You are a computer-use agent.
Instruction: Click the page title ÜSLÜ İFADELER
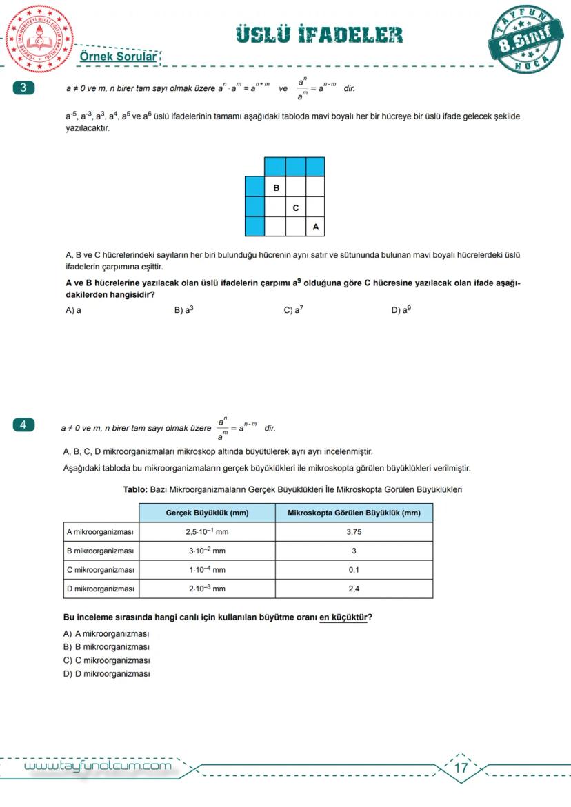point(319,35)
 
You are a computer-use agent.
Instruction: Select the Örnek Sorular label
point(118,57)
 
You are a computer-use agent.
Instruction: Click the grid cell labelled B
point(276,187)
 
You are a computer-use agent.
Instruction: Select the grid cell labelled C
point(296,207)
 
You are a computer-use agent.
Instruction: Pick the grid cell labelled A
point(315,226)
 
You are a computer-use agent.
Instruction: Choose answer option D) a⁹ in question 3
point(401,310)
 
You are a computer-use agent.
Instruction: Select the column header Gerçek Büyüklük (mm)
point(207,513)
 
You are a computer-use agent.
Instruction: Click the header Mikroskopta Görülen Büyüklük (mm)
point(354,513)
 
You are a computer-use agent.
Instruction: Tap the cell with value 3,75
point(354,532)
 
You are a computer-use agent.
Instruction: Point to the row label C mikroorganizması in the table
point(100,570)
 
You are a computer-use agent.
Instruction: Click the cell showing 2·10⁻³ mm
point(207,589)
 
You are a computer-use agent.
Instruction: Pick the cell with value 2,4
point(354,589)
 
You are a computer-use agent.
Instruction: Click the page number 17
point(461,767)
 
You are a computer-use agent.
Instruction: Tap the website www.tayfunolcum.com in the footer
point(97,766)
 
